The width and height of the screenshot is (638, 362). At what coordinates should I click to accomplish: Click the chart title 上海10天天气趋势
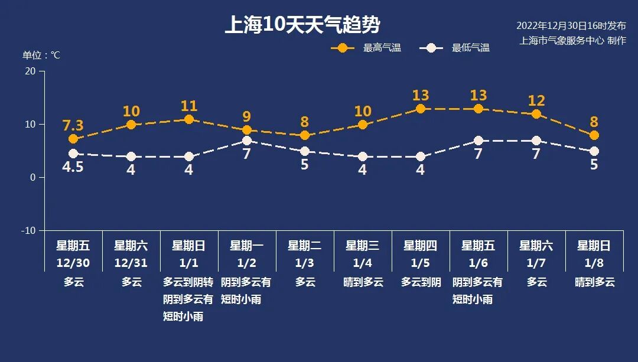(x=302, y=25)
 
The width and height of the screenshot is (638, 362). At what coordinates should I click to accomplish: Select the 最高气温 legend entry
(x=366, y=48)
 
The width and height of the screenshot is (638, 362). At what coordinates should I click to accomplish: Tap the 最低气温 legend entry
(x=454, y=48)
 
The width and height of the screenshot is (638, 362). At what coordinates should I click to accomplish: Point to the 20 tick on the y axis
(x=30, y=71)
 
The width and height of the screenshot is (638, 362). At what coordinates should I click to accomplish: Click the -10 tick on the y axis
(x=28, y=230)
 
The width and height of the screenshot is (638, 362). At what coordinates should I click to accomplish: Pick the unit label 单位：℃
(x=41, y=55)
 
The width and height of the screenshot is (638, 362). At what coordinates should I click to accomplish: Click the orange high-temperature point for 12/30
(x=73, y=139)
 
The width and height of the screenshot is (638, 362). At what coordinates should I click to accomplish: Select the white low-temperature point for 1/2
(x=247, y=141)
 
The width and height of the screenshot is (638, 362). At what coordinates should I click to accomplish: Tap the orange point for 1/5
(x=421, y=109)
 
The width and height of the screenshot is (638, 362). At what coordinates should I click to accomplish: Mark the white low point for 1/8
(x=594, y=151)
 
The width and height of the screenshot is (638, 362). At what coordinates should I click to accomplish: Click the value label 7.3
(x=73, y=125)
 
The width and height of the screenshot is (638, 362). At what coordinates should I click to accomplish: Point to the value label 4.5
(x=73, y=167)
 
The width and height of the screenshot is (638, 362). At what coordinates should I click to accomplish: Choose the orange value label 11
(x=189, y=106)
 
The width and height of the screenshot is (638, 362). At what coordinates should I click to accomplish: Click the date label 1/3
(x=305, y=262)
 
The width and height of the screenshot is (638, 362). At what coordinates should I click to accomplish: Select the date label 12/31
(x=131, y=262)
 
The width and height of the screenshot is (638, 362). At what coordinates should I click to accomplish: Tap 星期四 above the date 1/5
(x=421, y=246)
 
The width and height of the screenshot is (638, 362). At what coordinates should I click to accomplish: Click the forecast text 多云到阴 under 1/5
(x=421, y=282)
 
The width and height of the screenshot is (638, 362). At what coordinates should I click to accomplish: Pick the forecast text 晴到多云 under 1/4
(x=363, y=282)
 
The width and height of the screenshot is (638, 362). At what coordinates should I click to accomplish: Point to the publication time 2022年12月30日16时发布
(x=571, y=26)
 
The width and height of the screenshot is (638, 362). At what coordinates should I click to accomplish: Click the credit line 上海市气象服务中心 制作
(x=572, y=41)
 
